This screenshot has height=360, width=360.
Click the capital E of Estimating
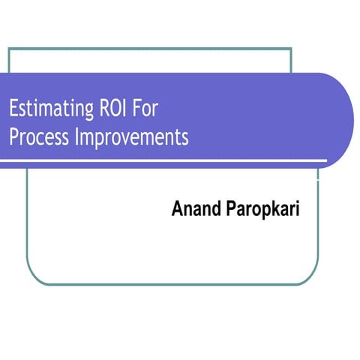click(13, 109)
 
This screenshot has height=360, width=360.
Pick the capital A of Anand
click(178, 209)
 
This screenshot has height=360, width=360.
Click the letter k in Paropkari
click(274, 209)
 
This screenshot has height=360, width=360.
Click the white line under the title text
click(165, 160)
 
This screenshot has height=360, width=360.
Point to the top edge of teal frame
click(150, 49)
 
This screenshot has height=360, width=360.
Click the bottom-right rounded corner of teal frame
click(304, 278)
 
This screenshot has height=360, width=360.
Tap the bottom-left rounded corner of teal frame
click(33, 278)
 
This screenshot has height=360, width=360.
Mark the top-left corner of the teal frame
click(9, 49)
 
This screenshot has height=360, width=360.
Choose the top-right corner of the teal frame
click(291, 49)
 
